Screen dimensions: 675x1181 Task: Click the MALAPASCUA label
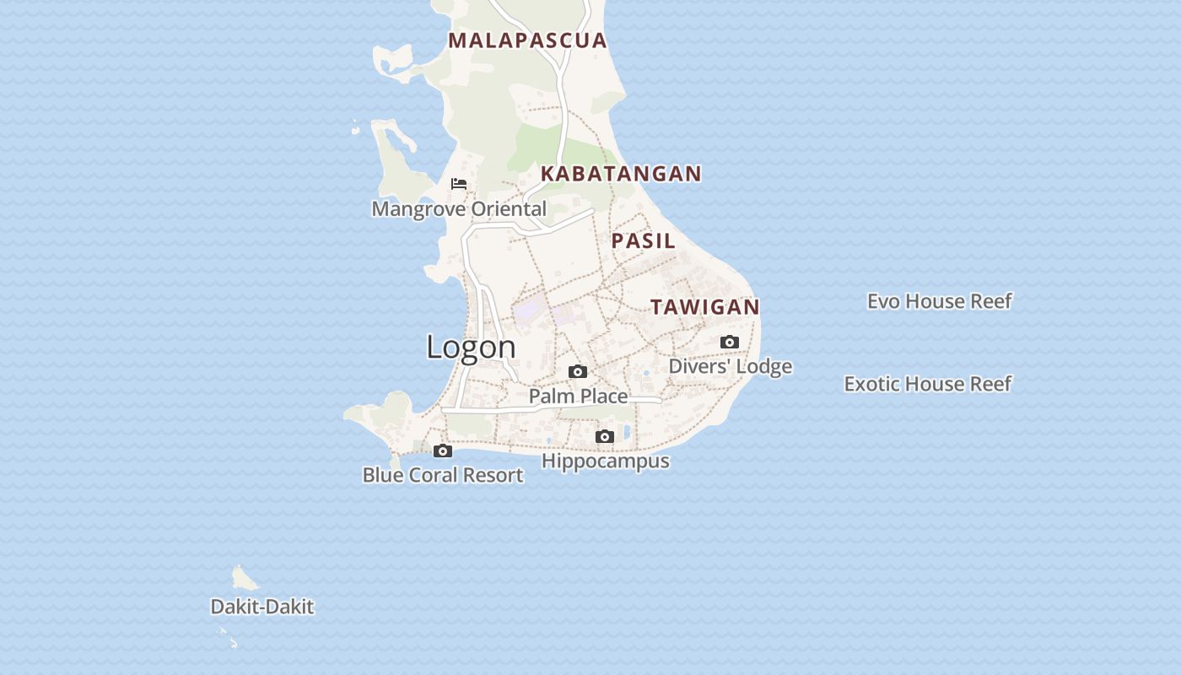pos(527,40)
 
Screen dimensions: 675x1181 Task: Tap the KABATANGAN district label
pos(621,174)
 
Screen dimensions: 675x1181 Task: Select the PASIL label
pos(644,240)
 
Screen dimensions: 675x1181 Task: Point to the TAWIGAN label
pos(705,307)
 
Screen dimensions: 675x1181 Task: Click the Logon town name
pos(471,347)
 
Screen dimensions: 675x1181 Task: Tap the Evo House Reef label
pos(940,301)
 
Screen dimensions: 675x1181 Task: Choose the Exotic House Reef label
pos(928,384)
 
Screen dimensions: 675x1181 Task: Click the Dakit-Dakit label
pos(262,607)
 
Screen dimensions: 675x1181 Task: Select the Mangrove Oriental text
pos(459,208)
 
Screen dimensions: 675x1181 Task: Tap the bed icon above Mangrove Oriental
pos(459,184)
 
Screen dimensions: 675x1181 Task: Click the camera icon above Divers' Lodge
pos(730,342)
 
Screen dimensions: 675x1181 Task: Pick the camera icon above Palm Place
pos(578,371)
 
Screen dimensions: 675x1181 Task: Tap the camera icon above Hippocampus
pos(605,436)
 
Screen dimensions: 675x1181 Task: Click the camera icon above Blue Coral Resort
pos(443,451)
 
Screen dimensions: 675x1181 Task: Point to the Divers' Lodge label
pos(731,366)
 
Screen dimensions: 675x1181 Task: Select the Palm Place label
pos(579,396)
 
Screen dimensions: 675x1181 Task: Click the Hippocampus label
pos(606,461)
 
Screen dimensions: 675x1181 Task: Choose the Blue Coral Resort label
pos(443,475)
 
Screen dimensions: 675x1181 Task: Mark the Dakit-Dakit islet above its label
pos(244,578)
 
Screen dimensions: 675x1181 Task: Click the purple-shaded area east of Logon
pos(531,311)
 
